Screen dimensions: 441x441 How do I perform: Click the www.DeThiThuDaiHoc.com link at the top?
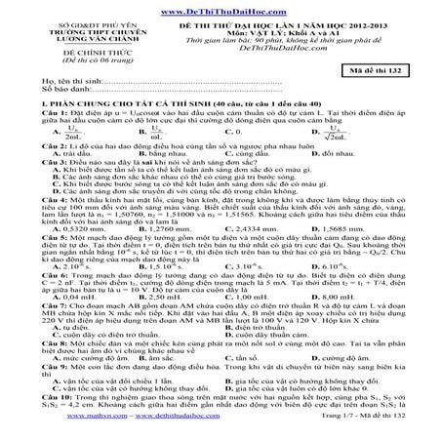coord(220,7)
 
